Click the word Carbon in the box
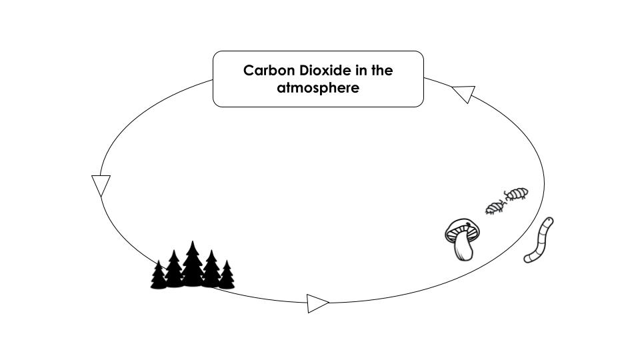pos(265,71)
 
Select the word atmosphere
pos(318,88)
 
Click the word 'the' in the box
pos(382,71)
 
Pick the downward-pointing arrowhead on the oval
pos(101,185)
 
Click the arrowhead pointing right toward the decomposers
pos(317,303)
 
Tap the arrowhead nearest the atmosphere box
pos(463,93)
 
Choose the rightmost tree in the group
pos(227,276)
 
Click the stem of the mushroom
pos(464,249)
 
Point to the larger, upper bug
pos(516,194)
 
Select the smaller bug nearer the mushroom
pos(495,208)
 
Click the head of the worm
pos(547,222)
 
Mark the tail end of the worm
pos(529,258)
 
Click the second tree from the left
pos(174,270)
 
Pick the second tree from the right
pos(211,270)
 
